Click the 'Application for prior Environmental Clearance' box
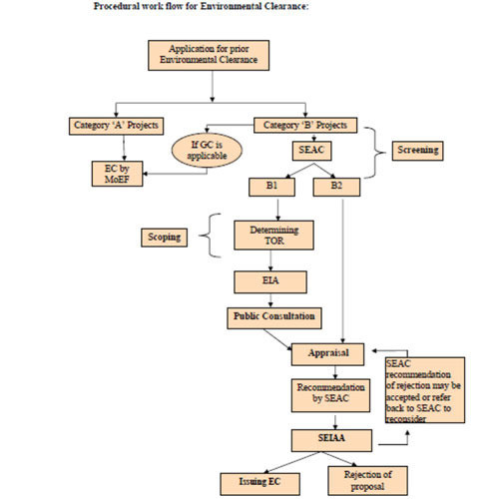(x=209, y=55)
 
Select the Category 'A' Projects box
(x=116, y=126)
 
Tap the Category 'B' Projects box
(x=305, y=125)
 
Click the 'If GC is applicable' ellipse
(x=207, y=150)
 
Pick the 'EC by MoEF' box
(x=117, y=174)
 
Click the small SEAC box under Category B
(x=311, y=151)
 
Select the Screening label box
(x=417, y=151)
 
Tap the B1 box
(x=271, y=187)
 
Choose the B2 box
(x=336, y=187)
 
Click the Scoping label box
(x=164, y=238)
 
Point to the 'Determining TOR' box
(x=273, y=236)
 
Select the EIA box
(x=270, y=282)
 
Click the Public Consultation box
(x=274, y=318)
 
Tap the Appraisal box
(x=327, y=354)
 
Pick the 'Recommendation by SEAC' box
(x=330, y=395)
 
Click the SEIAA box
(x=331, y=440)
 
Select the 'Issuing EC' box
(x=259, y=484)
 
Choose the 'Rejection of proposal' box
(x=367, y=480)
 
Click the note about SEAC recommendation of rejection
(x=425, y=390)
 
